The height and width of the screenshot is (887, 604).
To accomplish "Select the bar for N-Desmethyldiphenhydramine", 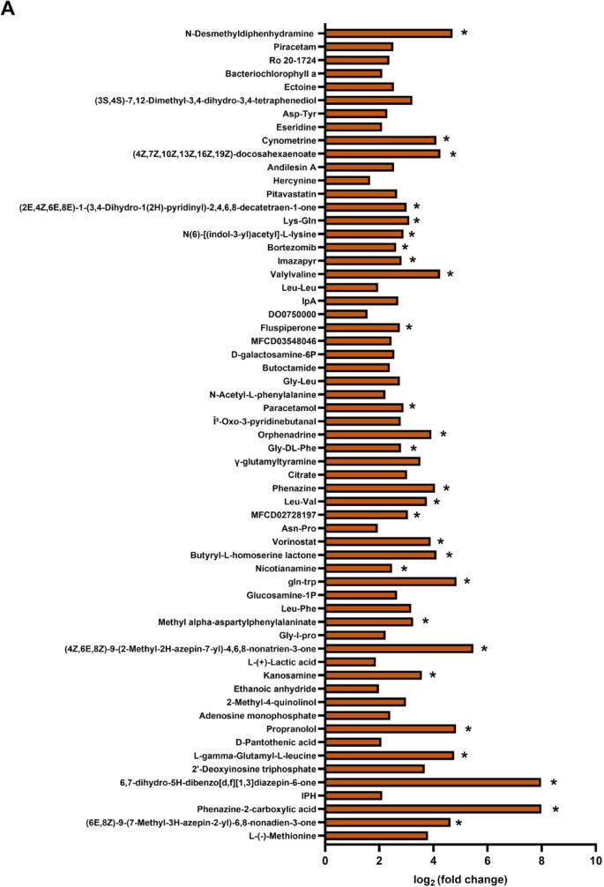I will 389,34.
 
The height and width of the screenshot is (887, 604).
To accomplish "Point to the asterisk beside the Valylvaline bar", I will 450,274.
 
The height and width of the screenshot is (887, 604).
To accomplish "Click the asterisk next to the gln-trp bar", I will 467,582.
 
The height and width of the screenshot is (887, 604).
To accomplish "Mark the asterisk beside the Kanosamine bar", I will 433,675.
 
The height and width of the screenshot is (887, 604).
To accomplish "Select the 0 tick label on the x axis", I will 326,860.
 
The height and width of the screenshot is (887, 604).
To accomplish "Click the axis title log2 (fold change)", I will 461,878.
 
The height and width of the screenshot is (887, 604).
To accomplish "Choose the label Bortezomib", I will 293,248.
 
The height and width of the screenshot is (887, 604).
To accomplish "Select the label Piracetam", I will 296,47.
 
